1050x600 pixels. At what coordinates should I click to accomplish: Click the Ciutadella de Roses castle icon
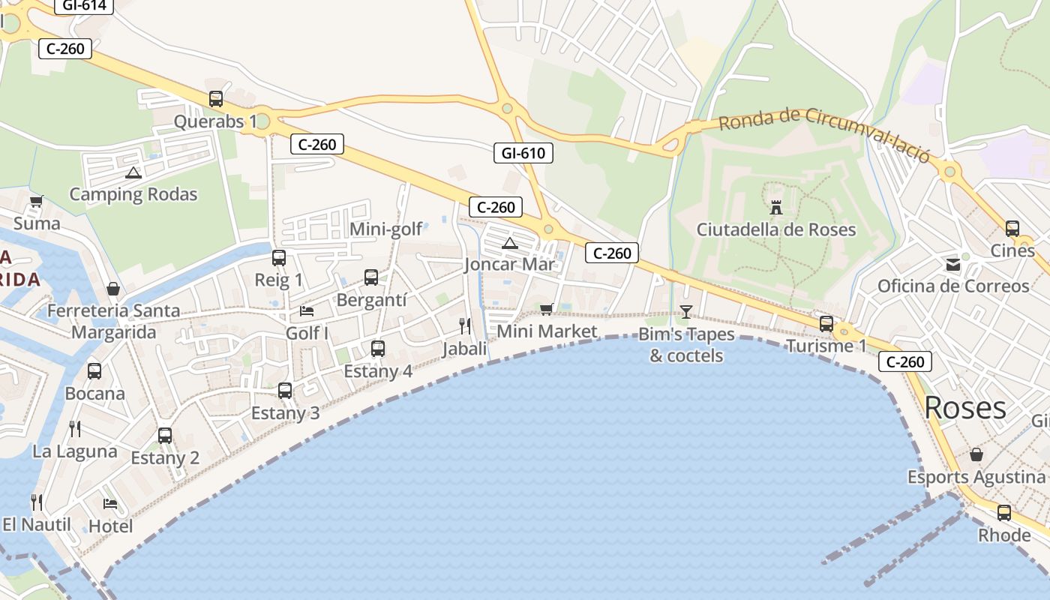[x=776, y=206]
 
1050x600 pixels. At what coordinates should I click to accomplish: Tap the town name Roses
[x=964, y=408]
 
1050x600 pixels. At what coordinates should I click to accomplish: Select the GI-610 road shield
[x=523, y=154]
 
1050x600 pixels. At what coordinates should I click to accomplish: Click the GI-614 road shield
[x=84, y=6]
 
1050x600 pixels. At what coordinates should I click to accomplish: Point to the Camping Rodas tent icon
[x=133, y=172]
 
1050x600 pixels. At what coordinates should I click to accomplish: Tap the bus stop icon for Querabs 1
[x=216, y=98]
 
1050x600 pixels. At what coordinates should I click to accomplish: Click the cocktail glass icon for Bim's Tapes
[x=685, y=311]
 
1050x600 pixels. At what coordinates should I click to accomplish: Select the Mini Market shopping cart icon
[x=547, y=309]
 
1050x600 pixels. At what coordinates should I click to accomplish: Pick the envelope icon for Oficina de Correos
[x=952, y=264]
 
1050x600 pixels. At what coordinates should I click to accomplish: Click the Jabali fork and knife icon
[x=465, y=325]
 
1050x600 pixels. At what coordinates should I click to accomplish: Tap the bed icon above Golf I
[x=307, y=310]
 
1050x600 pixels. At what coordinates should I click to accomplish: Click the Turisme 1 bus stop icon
[x=826, y=323]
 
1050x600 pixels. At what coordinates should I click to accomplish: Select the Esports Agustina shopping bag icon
[x=976, y=454]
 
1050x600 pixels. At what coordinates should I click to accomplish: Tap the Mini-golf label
[x=386, y=229]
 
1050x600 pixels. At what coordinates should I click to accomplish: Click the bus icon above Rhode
[x=1003, y=513]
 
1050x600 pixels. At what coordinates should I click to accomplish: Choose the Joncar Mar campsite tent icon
[x=510, y=242]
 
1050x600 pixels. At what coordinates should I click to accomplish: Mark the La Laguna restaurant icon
[x=75, y=428]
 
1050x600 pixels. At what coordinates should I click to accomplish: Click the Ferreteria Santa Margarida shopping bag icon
[x=113, y=288]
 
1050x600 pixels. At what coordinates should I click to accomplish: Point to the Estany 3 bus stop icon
[x=285, y=390]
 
